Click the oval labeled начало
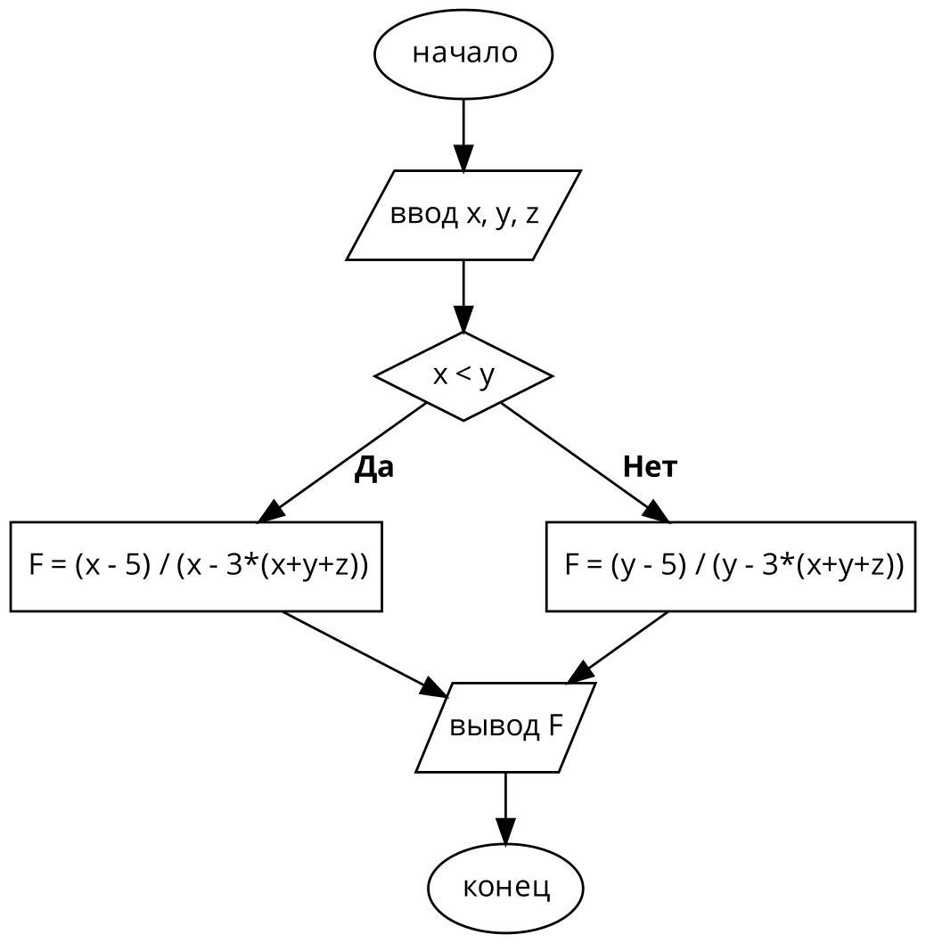[x=463, y=53]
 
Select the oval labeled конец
[x=505, y=888]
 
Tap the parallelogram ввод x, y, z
[x=463, y=215]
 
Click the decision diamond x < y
[x=463, y=376]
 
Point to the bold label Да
[x=374, y=467]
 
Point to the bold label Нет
[x=650, y=466]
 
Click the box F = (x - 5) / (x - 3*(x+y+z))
[x=196, y=566]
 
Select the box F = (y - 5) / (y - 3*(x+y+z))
[x=731, y=566]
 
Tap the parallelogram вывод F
[x=505, y=727]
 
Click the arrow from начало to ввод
[x=463, y=134]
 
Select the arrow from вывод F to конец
[x=505, y=808]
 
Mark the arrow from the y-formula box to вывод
[x=619, y=645]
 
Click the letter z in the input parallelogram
[x=531, y=215]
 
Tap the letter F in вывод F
[x=555, y=726]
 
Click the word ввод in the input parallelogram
[x=422, y=215]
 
